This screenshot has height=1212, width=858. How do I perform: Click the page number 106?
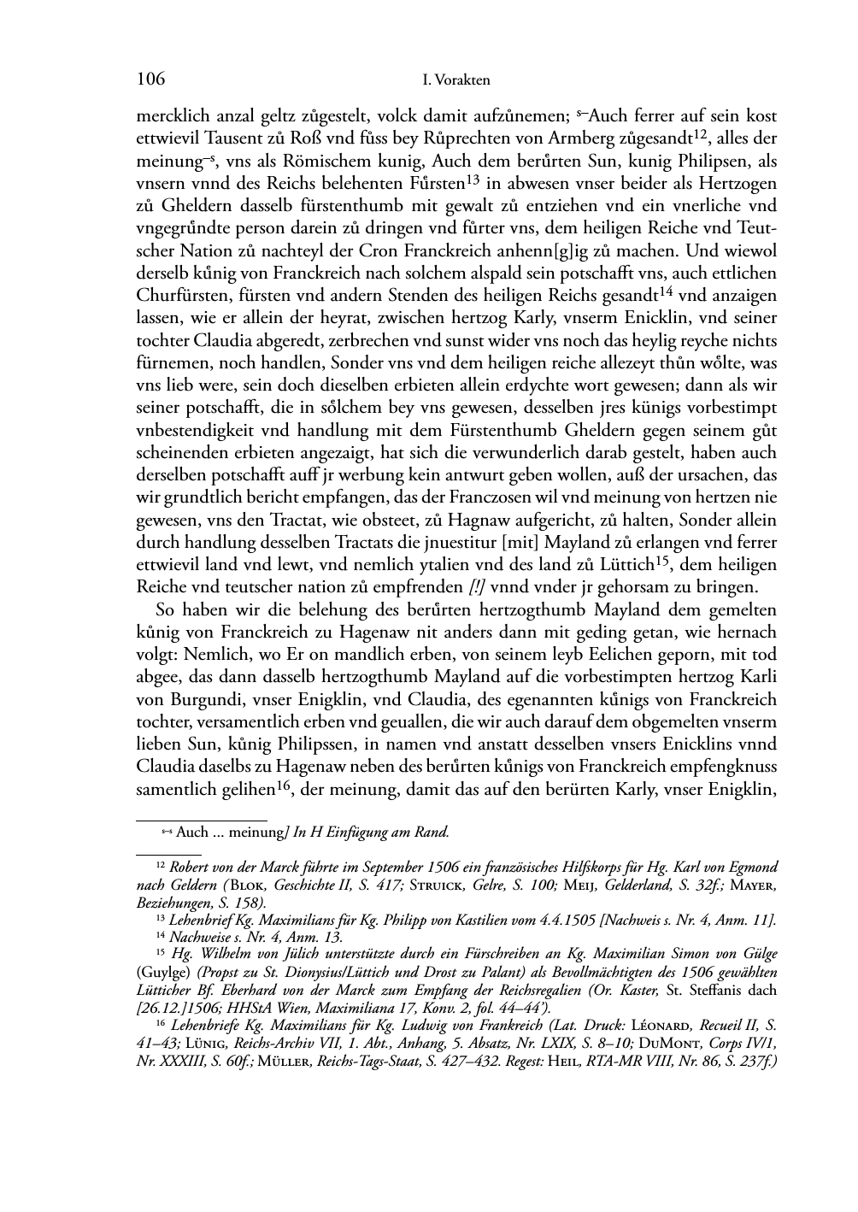click(x=150, y=80)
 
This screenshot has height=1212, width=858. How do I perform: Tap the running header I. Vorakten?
click(x=456, y=81)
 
